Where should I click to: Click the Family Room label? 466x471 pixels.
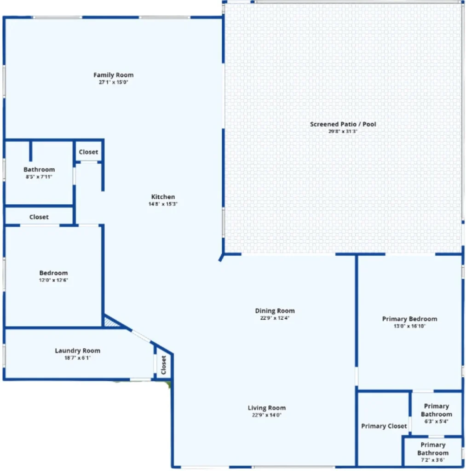(113, 75)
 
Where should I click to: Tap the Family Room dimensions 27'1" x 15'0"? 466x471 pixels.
(113, 82)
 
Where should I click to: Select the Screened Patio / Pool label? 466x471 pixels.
(343, 124)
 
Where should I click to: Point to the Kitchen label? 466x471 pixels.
(163, 197)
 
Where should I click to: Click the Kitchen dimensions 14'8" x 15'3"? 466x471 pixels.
(163, 204)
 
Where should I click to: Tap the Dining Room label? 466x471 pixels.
(275, 311)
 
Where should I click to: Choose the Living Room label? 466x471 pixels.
(267, 408)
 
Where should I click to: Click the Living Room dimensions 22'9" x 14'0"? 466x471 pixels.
(267, 415)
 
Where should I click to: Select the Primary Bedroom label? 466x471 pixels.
(409, 319)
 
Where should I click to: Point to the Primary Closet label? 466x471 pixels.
(384, 426)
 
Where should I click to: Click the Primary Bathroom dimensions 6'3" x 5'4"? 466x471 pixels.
(436, 421)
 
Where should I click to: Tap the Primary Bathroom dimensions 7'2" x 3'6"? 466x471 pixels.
(433, 460)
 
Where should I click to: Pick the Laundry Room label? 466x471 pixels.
(78, 351)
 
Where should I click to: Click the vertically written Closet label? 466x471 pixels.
(164, 365)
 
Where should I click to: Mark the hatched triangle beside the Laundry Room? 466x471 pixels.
(110, 322)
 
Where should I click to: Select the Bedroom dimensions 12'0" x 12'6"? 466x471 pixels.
(53, 280)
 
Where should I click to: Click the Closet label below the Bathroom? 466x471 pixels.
(39, 217)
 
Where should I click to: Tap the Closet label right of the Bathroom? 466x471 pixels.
(88, 152)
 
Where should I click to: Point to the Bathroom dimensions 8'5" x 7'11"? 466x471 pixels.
(39, 177)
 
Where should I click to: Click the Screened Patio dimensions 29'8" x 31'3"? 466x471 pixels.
(343, 131)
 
